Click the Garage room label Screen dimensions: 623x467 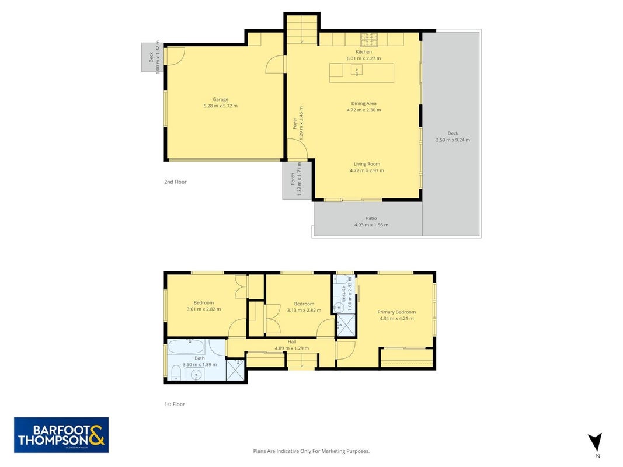click(x=221, y=99)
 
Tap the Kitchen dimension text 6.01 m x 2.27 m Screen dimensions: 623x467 click(x=364, y=58)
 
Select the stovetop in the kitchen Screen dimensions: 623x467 click(x=369, y=39)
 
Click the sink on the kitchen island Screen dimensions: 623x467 click(x=356, y=70)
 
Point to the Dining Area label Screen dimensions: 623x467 click(x=364, y=103)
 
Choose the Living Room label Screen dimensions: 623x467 click(x=367, y=164)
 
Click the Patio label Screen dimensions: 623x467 click(x=371, y=218)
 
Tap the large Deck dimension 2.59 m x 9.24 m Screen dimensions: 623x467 click(x=453, y=140)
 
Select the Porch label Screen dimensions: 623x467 click(x=293, y=179)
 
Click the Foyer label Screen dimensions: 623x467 click(x=295, y=123)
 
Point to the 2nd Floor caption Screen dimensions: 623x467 click(x=175, y=182)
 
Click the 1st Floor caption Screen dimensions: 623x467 click(x=175, y=405)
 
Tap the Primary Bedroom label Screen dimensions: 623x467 click(x=396, y=312)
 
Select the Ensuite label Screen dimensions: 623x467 click(x=344, y=294)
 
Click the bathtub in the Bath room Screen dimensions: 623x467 click(x=186, y=347)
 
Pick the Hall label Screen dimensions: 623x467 click(x=291, y=341)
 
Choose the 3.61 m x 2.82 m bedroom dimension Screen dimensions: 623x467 click(x=203, y=309)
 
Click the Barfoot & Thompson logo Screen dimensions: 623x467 click(x=61, y=435)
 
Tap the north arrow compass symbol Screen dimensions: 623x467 click(x=595, y=442)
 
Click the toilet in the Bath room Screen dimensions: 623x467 click(x=176, y=373)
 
